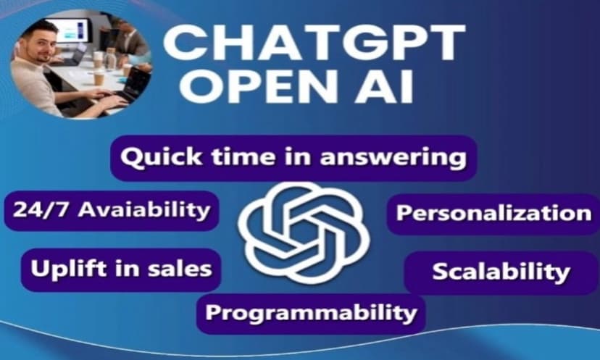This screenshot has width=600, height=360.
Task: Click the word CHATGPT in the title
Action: click(314, 43)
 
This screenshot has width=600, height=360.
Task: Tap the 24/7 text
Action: click(42, 210)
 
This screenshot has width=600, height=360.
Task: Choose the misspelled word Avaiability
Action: click(144, 211)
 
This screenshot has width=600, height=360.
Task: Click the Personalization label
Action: click(493, 213)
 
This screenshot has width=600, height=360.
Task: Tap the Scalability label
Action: click(501, 272)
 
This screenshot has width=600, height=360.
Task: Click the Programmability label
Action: click(311, 313)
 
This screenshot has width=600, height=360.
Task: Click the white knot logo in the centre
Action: click(304, 233)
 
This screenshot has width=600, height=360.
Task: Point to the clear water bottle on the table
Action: click(111, 59)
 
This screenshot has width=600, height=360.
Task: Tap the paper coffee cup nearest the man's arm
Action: click(99, 78)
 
